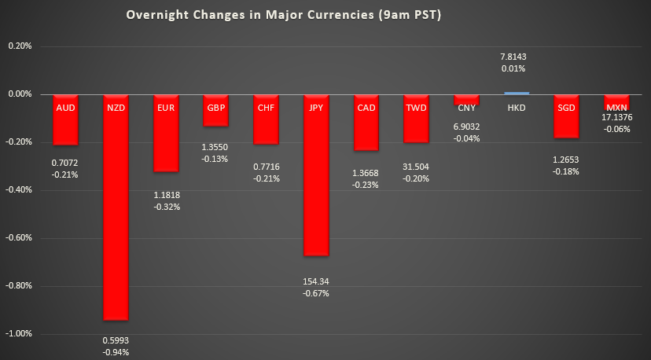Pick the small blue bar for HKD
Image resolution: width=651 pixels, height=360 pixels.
[x=517, y=93]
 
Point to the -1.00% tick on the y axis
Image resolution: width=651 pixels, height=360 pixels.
[x=19, y=333]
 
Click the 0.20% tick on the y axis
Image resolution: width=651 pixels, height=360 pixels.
[x=19, y=46]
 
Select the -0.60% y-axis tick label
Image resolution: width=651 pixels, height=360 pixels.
[x=19, y=237]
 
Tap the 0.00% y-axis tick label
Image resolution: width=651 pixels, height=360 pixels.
[x=19, y=94]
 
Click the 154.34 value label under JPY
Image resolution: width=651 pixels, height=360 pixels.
[x=316, y=281]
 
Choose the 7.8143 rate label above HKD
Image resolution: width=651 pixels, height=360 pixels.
[x=517, y=57]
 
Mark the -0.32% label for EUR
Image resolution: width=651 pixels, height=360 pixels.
[x=166, y=208]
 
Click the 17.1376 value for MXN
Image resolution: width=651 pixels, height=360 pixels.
[x=617, y=117]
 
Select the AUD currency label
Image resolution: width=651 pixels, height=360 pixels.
[x=66, y=107]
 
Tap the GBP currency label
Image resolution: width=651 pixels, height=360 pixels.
[x=216, y=107]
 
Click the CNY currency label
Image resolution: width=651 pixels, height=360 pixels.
[x=466, y=107]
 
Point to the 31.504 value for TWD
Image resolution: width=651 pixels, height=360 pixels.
[x=416, y=167]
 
